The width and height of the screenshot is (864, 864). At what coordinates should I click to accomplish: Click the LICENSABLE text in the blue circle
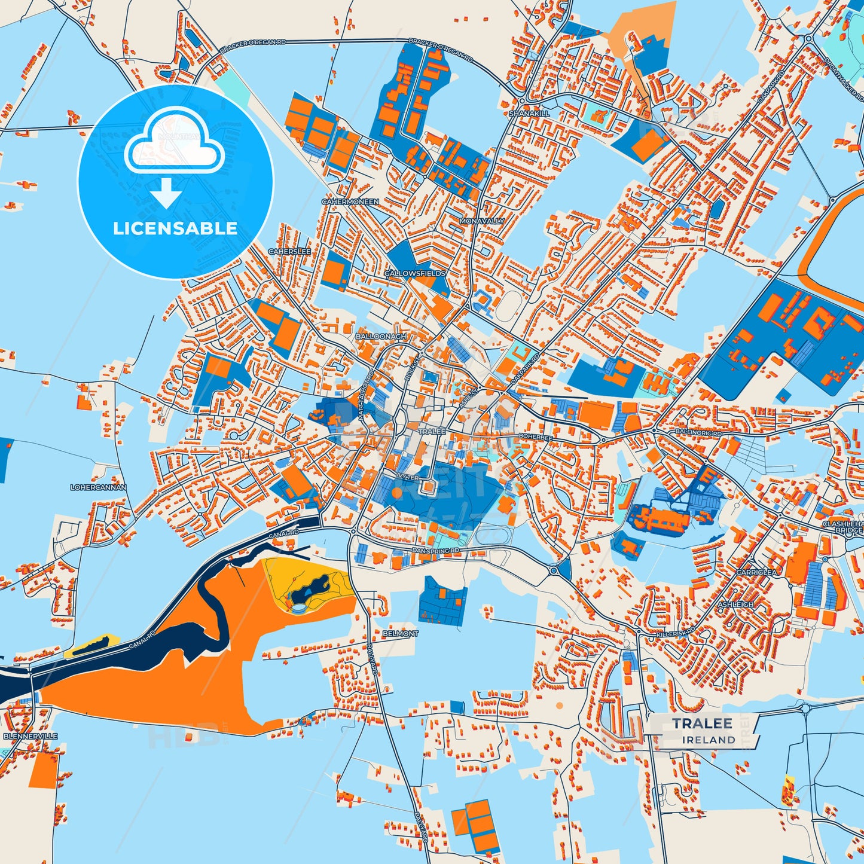pos(175,228)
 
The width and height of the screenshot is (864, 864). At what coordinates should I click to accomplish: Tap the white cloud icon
pos(173,145)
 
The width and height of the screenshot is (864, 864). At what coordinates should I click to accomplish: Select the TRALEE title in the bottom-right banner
pos(702,723)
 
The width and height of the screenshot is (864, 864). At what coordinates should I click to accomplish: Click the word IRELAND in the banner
pos(709,740)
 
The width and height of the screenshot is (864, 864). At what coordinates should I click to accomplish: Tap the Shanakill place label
pos(529,113)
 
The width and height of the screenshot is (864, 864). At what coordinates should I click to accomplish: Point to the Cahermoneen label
pos(350,202)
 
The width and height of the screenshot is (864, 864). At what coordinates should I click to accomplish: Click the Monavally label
pos(481,221)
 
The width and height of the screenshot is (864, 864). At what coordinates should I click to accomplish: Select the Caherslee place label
pos(289,252)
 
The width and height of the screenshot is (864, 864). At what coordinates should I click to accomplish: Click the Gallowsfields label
pos(414,273)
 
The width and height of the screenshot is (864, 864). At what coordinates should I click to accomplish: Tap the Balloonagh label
pos(381,337)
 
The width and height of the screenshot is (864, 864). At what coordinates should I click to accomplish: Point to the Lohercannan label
pos(98,487)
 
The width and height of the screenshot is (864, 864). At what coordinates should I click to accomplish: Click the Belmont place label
pos(400,633)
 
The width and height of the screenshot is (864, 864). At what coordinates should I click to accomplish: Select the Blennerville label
pos(30,736)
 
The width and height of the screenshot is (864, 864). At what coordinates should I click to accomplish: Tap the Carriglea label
pos(756,572)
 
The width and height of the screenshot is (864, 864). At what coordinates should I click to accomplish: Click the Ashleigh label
pos(735,605)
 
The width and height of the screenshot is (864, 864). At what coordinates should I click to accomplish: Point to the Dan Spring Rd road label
pos(435,550)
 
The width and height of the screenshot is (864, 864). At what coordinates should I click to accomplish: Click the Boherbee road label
pos(535,437)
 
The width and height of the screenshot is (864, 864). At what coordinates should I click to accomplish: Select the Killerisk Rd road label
pos(676,632)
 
